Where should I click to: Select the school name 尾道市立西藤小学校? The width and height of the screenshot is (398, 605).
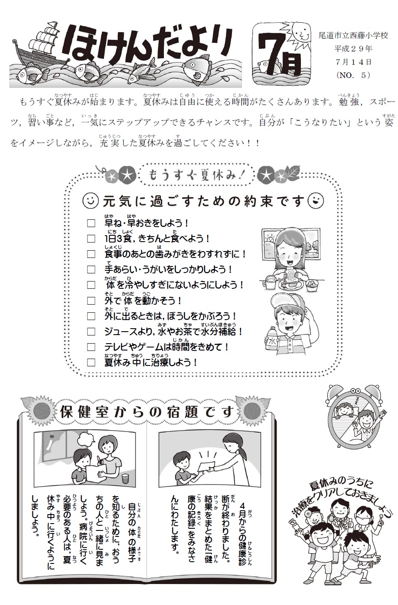353,36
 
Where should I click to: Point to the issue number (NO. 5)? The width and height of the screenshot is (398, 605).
353,75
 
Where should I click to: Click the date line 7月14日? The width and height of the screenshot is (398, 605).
353,62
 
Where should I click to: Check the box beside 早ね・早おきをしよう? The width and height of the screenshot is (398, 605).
91,224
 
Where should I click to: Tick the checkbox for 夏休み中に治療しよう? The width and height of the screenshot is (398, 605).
91,362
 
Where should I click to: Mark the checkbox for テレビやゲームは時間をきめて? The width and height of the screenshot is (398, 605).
91,347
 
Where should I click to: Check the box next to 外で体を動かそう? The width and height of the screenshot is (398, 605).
91,301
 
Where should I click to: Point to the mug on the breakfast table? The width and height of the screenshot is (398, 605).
269,282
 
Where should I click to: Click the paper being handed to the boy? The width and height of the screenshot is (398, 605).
205,464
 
